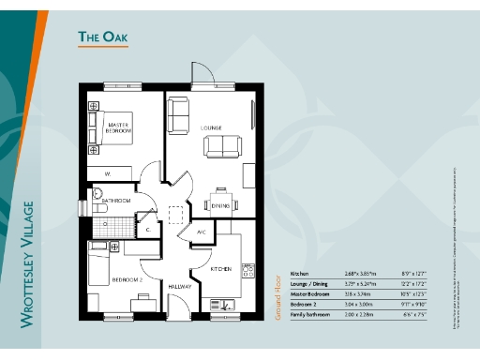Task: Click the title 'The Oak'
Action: pos(101,37)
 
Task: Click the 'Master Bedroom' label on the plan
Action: pos(118,129)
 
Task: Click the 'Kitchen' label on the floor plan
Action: pos(220,269)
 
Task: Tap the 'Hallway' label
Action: pos(180,286)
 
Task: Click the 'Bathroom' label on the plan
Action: pos(116,201)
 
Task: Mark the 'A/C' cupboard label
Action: pos(201,232)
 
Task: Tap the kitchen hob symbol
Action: pos(248,271)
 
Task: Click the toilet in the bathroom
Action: pos(97,197)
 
